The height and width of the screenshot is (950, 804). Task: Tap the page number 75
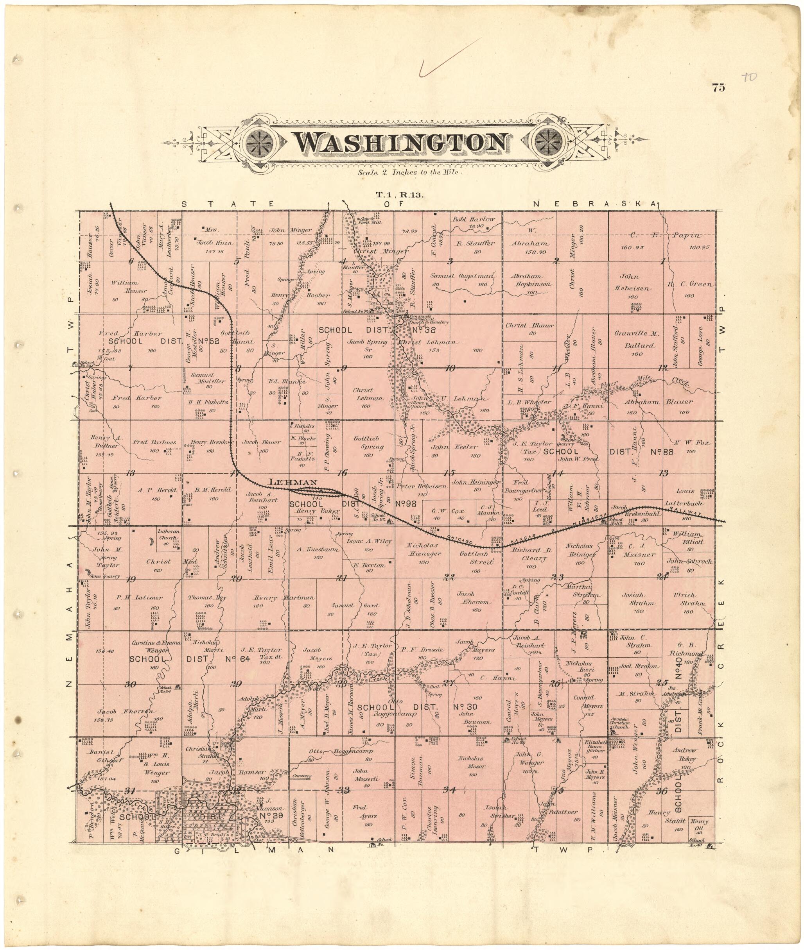pyautogui.click(x=718, y=88)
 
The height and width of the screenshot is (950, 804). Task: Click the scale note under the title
pyautogui.click(x=410, y=173)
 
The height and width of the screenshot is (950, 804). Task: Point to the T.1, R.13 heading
pyautogui.click(x=399, y=195)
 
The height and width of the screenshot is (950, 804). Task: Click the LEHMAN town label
pyautogui.click(x=293, y=482)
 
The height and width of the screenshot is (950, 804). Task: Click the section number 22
pyautogui.click(x=449, y=578)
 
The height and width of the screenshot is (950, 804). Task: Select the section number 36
pyautogui.click(x=662, y=791)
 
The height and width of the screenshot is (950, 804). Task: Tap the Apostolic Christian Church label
pyautogui.click(x=620, y=723)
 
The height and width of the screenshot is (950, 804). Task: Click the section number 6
pyautogui.click(x=131, y=261)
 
